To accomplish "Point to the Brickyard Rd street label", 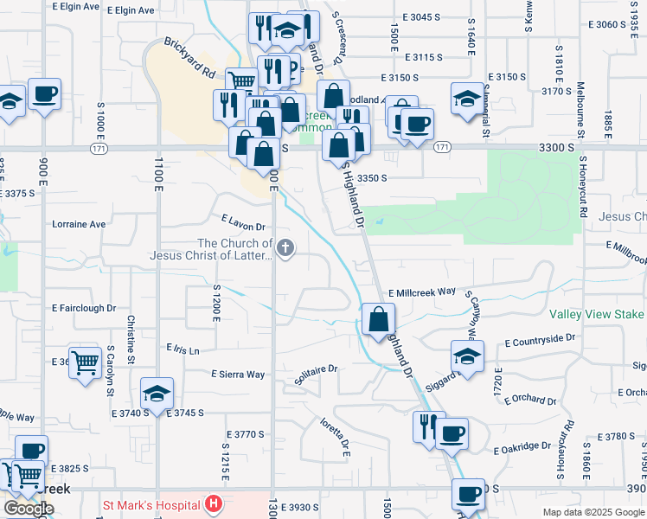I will [189, 56].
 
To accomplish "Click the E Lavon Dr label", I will [242, 222].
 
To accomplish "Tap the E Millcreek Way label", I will [421, 292].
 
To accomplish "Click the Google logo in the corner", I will [28, 509].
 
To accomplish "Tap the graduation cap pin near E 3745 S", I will [157, 394].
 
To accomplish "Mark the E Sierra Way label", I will [238, 375].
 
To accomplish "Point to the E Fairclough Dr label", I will [84, 308].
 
